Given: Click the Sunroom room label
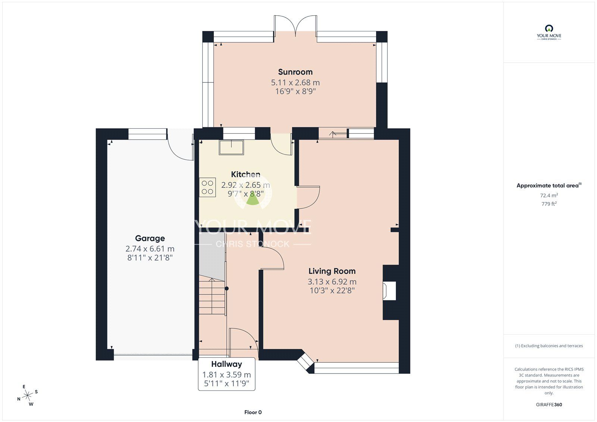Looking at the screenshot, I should click(295, 72).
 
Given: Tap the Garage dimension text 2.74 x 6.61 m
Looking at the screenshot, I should click(150, 249).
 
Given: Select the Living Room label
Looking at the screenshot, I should click(332, 271).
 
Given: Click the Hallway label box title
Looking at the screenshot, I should click(226, 364).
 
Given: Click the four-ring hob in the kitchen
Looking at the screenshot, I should click(207, 188).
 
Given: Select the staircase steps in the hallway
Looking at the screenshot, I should click(212, 297).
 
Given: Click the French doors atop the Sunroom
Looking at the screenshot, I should click(295, 25).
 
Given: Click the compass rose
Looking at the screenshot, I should click(27, 396).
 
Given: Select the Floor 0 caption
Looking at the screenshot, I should click(253, 412).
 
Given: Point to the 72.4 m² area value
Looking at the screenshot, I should click(549, 195).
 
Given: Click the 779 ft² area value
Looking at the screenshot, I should click(549, 204).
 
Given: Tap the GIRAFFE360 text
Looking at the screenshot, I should click(549, 404).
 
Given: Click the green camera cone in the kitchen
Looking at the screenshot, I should click(253, 200).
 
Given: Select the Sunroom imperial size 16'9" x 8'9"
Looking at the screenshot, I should click(295, 91).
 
